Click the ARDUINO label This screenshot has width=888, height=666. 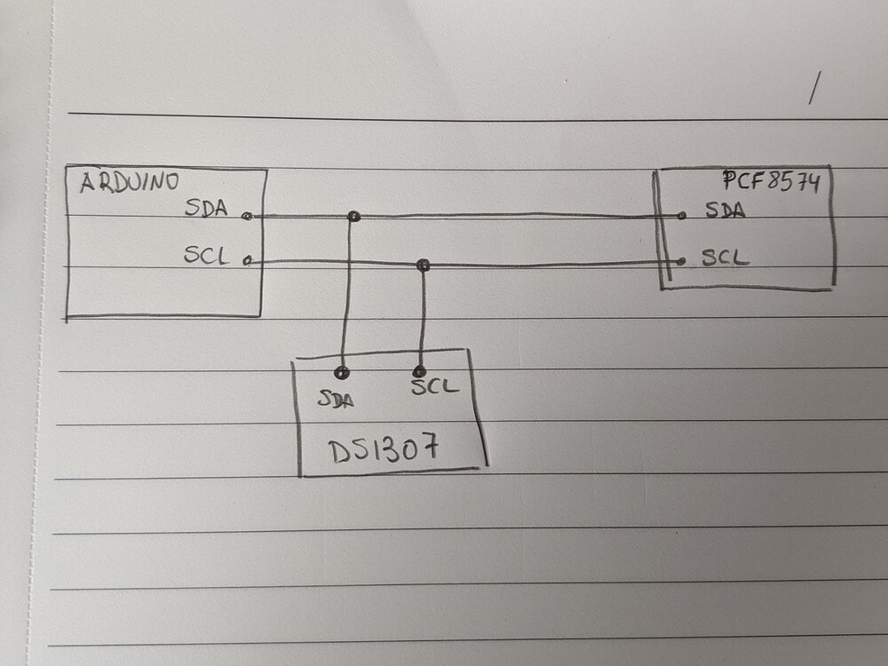tap(130, 183)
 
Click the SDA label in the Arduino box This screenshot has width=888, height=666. tap(206, 209)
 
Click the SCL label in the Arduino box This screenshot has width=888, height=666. tap(206, 256)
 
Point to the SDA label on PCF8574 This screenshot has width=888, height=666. tap(725, 211)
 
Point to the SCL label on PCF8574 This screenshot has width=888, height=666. tap(725, 258)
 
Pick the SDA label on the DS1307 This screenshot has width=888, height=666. tap(336, 400)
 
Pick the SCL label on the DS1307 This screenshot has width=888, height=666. tap(434, 387)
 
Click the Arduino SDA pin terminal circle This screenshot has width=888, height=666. tap(247, 216)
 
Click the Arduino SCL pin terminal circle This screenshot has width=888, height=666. tap(247, 261)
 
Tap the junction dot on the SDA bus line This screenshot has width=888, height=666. tap(353, 216)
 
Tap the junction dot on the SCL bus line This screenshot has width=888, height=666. tap(424, 265)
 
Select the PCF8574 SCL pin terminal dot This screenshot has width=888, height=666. tap(680, 260)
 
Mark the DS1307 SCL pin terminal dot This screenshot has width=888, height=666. tap(419, 371)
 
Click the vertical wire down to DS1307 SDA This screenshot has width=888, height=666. tap(346, 293)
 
